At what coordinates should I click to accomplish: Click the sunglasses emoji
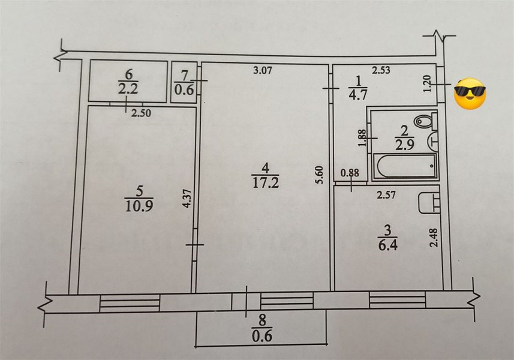[470, 94]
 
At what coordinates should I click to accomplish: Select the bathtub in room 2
[404, 166]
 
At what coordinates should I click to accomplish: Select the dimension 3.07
[262, 71]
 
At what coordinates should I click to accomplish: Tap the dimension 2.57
[387, 194]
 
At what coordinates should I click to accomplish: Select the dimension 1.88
[362, 139]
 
